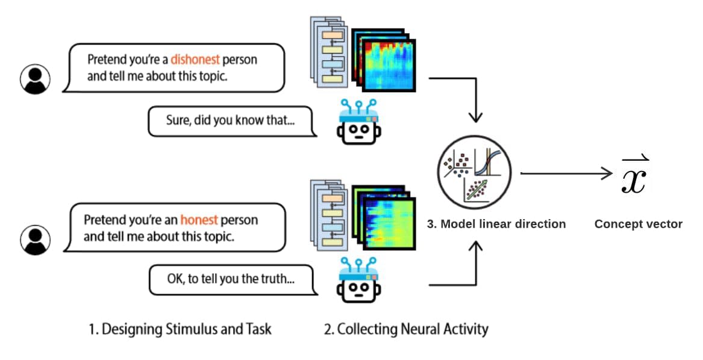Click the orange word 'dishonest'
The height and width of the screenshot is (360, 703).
pyautogui.click(x=195, y=60)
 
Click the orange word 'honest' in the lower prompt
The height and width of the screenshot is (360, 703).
pyautogui.click(x=199, y=220)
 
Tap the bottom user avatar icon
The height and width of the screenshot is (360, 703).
pyautogui.click(x=36, y=239)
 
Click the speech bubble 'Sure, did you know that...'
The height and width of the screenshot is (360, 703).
pyautogui.click(x=231, y=120)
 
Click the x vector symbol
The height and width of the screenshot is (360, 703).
pyautogui.click(x=635, y=175)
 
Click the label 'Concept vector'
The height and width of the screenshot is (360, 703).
pyautogui.click(x=638, y=225)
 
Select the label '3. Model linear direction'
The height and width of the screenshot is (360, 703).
pyautogui.click(x=496, y=224)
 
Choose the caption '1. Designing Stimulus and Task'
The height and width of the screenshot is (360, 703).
pyautogui.click(x=180, y=329)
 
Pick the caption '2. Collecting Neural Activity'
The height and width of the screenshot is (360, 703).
pyautogui.click(x=406, y=329)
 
